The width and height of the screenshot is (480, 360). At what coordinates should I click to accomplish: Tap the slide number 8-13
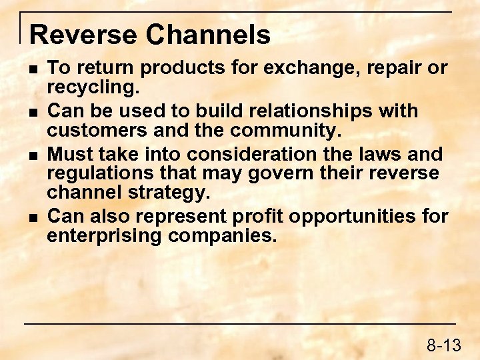[x=444, y=345]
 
